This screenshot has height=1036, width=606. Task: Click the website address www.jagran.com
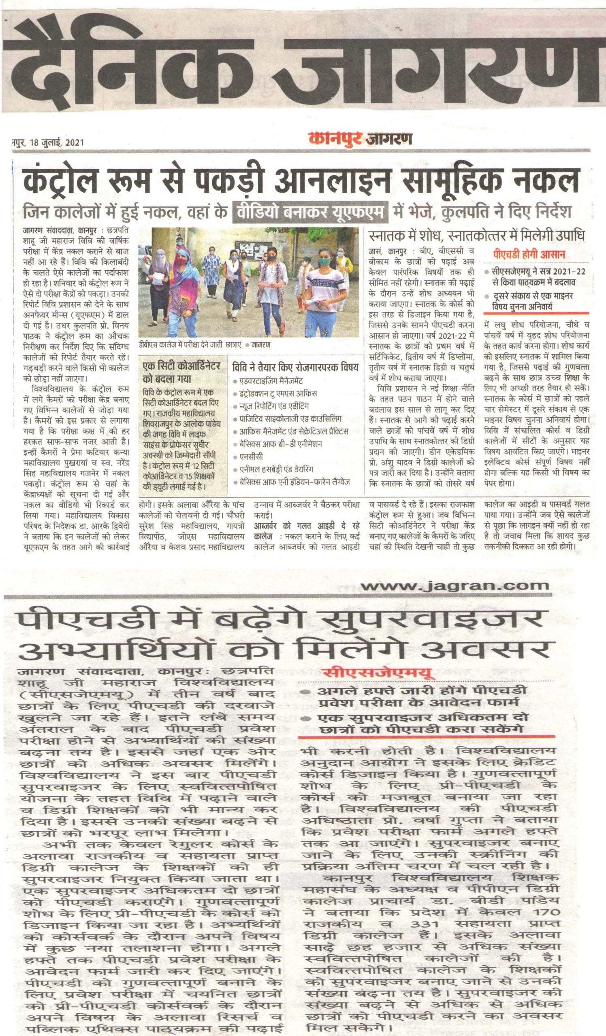pyautogui.click(x=454, y=585)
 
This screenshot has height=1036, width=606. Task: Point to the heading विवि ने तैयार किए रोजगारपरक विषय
pyautogui.click(x=295, y=367)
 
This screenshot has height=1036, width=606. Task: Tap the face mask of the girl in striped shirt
pyautogui.click(x=324, y=261)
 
